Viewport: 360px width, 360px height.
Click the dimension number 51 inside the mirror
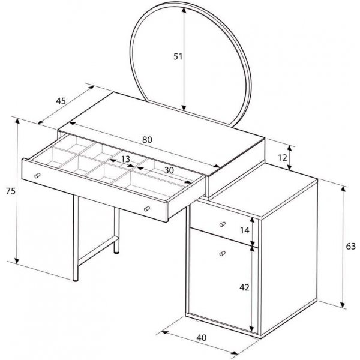pyautogui.click(x=178, y=56)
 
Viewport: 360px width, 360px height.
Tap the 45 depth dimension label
pyautogui.click(x=61, y=101)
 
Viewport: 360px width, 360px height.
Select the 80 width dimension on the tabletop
pyautogui.click(x=147, y=140)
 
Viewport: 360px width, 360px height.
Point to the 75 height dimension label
pyautogui.click(x=11, y=191)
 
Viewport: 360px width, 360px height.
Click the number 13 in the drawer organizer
pyautogui.click(x=125, y=159)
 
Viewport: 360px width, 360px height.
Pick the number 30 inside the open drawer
pyautogui.click(x=169, y=170)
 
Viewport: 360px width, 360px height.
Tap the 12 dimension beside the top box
pyautogui.click(x=283, y=158)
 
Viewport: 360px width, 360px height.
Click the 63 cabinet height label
pyautogui.click(x=350, y=247)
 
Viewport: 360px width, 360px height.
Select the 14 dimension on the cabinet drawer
pyautogui.click(x=245, y=230)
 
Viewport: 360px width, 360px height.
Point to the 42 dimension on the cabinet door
pyautogui.click(x=244, y=287)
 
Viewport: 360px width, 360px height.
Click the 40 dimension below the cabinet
pyautogui.click(x=202, y=338)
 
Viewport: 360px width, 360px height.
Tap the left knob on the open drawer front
pyautogui.click(x=37, y=176)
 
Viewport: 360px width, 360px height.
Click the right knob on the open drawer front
pyautogui.click(x=147, y=209)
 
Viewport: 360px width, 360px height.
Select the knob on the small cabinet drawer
pyautogui.click(x=223, y=224)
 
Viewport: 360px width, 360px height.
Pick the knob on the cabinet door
pyautogui.click(x=223, y=253)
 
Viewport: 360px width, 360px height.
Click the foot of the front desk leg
pyautogui.click(x=76, y=280)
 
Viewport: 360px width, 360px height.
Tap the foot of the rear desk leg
pyautogui.click(x=116, y=252)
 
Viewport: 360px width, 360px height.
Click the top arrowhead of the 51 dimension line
pyautogui.click(x=184, y=10)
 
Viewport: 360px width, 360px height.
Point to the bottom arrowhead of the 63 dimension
pyautogui.click(x=343, y=305)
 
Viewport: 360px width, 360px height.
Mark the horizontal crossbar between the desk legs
pyautogui.click(x=98, y=251)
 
